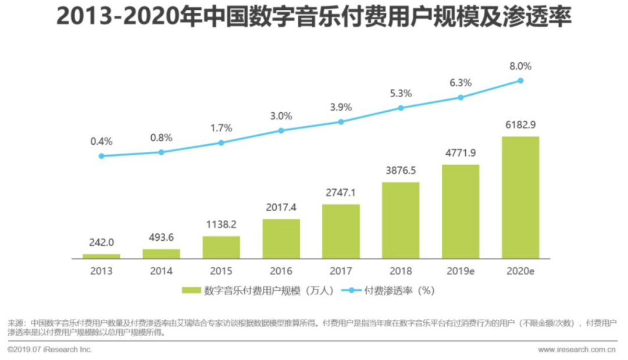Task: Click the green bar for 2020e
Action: point(520,198)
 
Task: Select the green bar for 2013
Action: point(101,256)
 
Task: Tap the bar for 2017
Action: point(341,231)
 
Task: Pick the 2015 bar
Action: point(221,247)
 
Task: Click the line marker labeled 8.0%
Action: point(521,80)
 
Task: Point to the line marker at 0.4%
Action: point(101,156)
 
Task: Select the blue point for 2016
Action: point(281,130)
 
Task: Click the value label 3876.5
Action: point(401,172)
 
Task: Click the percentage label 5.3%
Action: point(401,93)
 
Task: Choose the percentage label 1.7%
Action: point(221,128)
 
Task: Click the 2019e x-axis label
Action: point(461,271)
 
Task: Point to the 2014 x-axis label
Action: point(161,271)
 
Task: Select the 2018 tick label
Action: point(401,271)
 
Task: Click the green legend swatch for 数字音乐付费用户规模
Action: point(192,291)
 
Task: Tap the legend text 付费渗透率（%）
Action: point(399,291)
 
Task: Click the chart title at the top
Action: point(313,17)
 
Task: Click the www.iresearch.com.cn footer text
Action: point(576,350)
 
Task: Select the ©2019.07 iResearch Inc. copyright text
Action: point(49,350)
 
